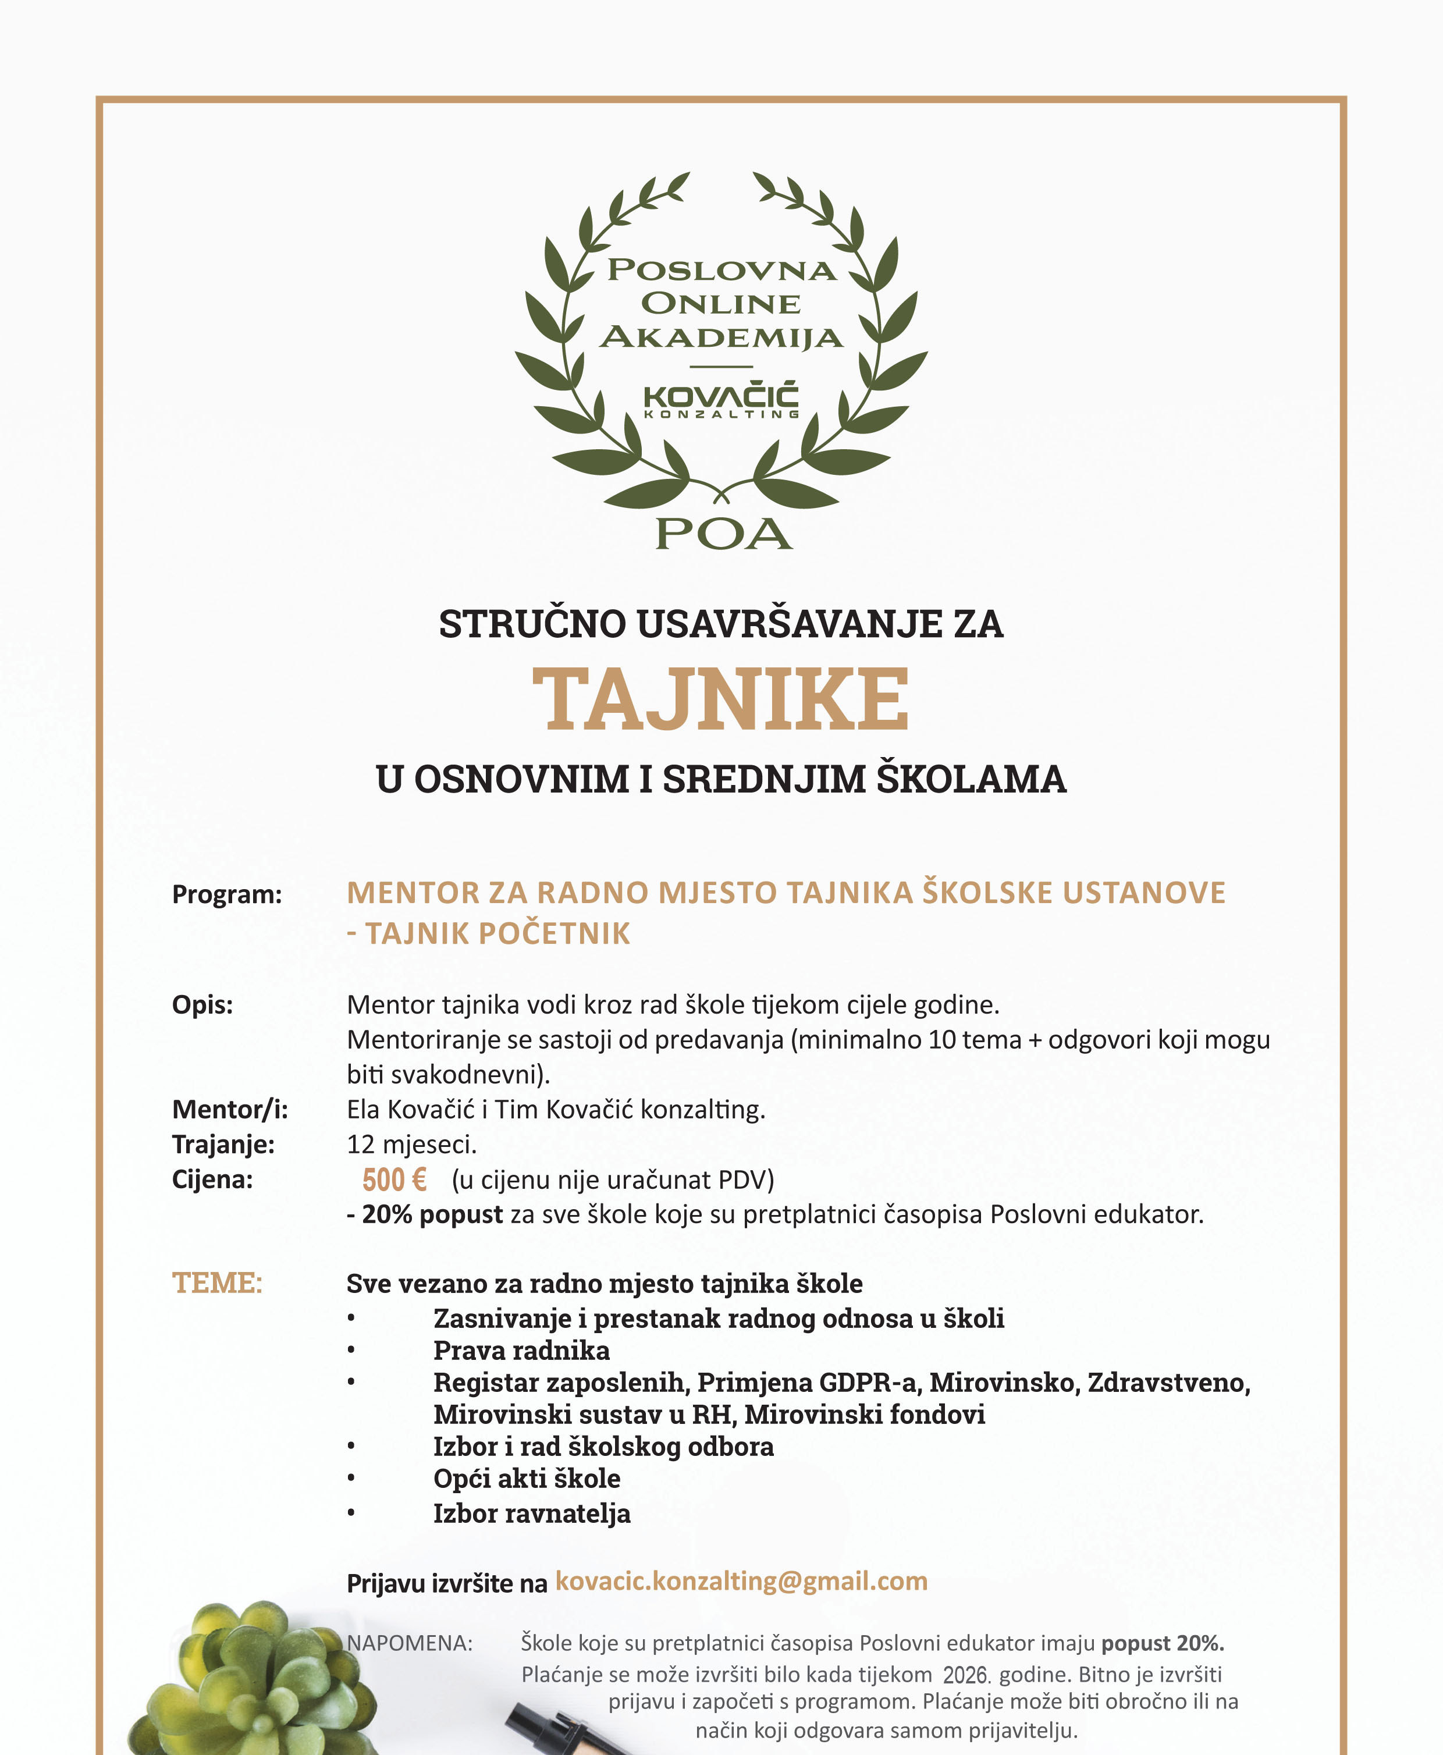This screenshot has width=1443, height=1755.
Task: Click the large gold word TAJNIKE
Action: tap(721, 699)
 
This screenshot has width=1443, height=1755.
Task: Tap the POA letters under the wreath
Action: tap(723, 534)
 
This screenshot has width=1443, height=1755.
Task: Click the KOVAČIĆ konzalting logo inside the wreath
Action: tap(721, 400)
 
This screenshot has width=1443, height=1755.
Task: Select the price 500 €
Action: tap(394, 1180)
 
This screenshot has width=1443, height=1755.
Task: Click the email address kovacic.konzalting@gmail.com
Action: tap(741, 1580)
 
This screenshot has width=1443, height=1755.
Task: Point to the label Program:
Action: tap(227, 894)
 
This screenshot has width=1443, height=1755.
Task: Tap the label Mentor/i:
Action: tap(229, 1109)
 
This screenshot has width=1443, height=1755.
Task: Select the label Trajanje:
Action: tap(223, 1144)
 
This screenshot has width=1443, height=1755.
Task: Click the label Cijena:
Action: tap(212, 1179)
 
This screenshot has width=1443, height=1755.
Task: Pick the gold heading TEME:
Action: tap(217, 1282)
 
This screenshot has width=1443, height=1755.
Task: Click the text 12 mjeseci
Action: tap(411, 1145)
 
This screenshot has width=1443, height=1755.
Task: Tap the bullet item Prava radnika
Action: tap(521, 1350)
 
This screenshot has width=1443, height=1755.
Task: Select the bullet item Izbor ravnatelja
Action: tap(531, 1513)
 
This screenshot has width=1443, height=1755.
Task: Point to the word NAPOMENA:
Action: tap(409, 1643)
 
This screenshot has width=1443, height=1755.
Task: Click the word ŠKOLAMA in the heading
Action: tap(972, 779)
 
